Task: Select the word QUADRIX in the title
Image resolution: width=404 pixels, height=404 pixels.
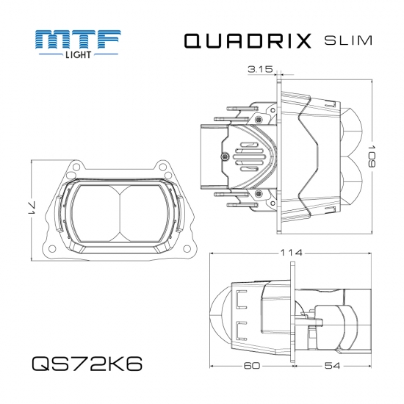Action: tap(246, 41)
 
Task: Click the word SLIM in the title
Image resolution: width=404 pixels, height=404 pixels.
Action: tap(347, 41)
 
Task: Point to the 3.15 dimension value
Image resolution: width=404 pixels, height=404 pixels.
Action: tap(260, 70)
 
